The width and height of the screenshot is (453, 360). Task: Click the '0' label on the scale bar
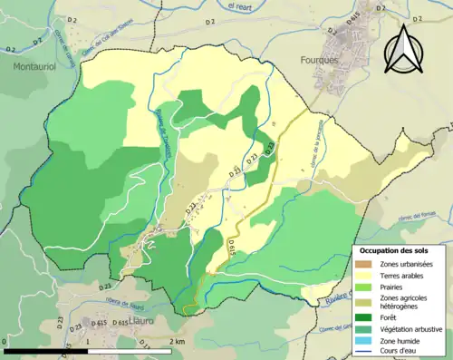[5, 341]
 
